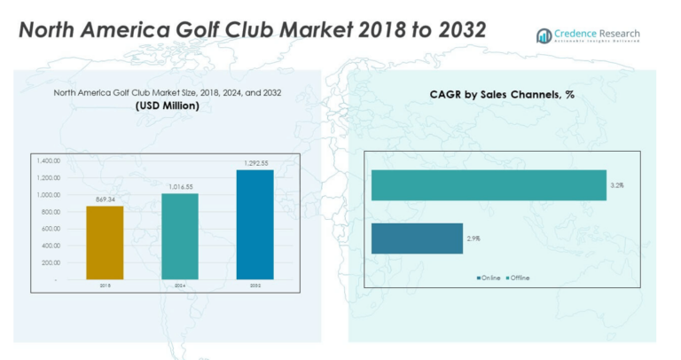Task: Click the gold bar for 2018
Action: pos(105,242)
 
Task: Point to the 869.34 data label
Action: pos(105,200)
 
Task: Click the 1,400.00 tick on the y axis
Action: pos(48,161)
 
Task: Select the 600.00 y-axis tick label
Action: pos(50,229)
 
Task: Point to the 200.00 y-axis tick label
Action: pos(50,262)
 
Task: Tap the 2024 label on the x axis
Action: pos(180,286)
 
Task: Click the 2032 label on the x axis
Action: pos(255,286)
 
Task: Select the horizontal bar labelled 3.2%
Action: pos(488,185)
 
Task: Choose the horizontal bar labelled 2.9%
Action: pos(417,239)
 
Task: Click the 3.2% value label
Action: pos(617,185)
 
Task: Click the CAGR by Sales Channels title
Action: pos(501,94)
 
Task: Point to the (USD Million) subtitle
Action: pos(168,106)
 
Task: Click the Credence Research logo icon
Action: pos(544,35)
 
